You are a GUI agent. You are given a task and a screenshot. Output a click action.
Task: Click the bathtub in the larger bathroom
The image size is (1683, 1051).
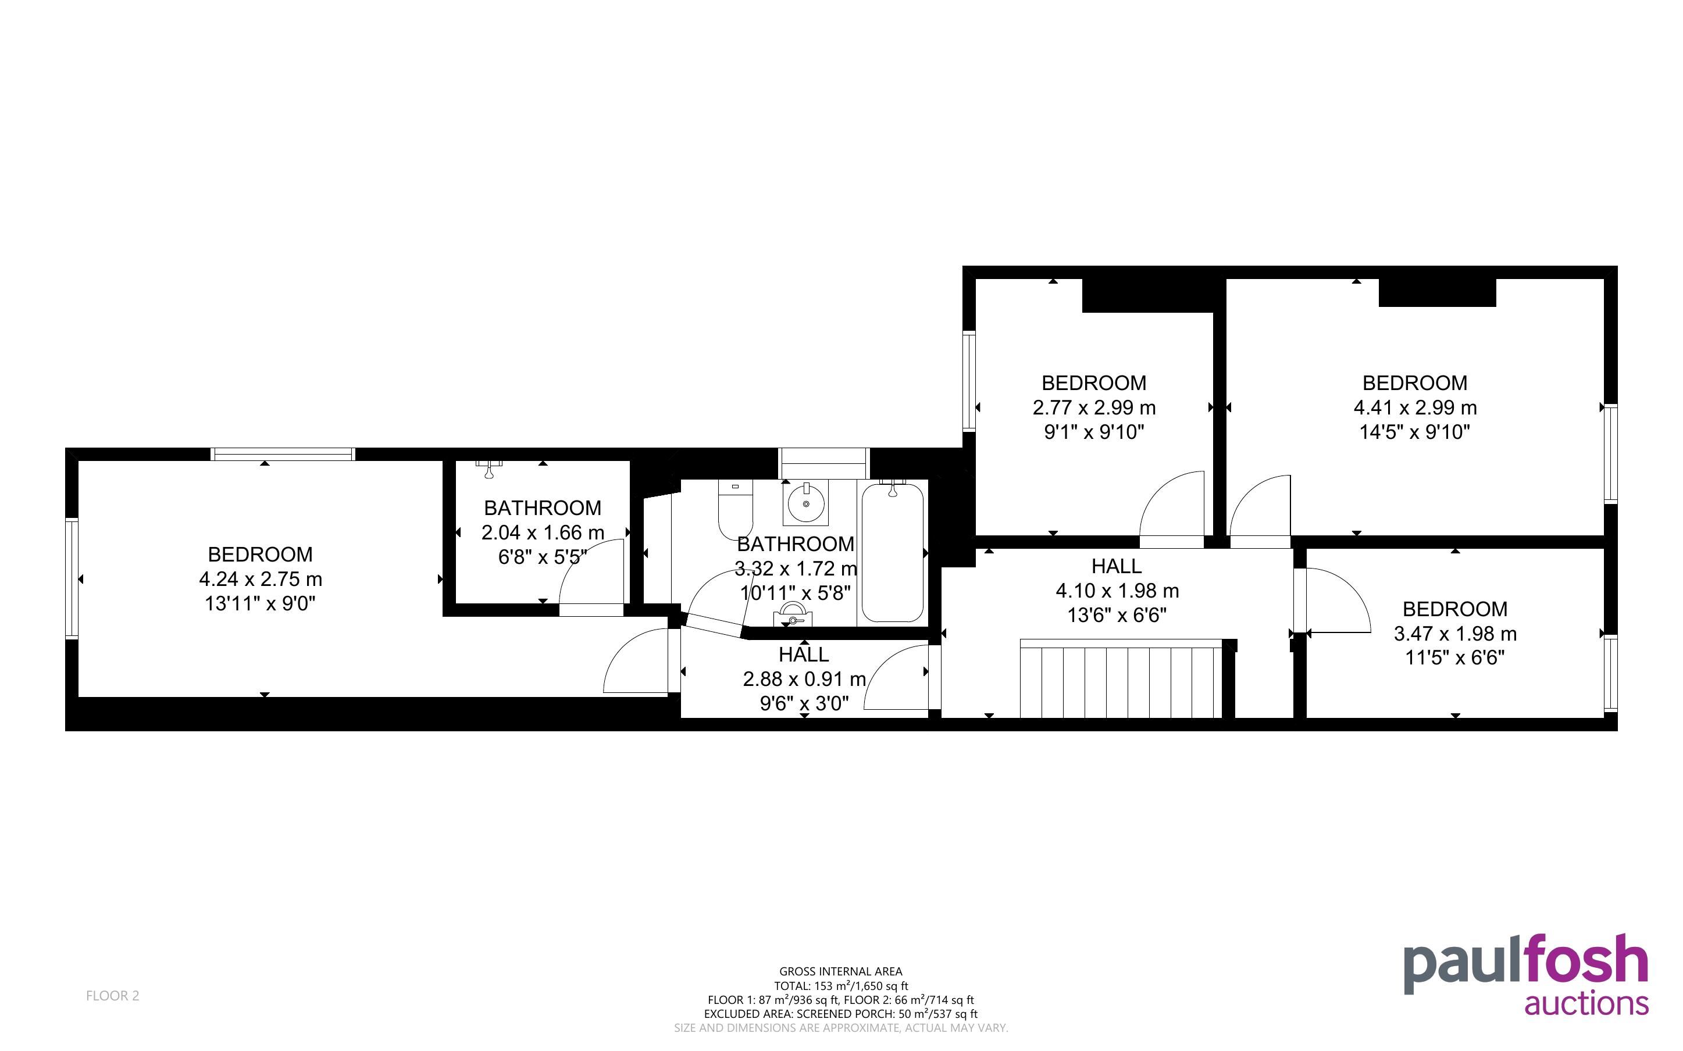(x=893, y=552)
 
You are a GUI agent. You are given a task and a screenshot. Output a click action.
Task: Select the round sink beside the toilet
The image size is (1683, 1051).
(x=807, y=503)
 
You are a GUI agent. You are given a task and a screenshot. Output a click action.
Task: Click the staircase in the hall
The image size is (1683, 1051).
(x=1121, y=678)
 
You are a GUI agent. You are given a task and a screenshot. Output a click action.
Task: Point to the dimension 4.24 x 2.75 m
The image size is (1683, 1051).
(x=261, y=579)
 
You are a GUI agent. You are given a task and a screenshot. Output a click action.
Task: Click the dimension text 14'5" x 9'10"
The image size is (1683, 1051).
(x=1415, y=432)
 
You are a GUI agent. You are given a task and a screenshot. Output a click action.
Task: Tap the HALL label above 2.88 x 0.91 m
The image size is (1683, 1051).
(x=804, y=654)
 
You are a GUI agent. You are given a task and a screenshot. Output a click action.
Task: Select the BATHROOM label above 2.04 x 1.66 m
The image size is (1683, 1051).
(x=542, y=507)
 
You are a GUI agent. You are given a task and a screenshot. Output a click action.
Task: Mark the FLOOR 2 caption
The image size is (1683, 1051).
(x=113, y=995)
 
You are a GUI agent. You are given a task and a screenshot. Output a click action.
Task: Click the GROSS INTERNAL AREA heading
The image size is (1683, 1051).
(x=840, y=972)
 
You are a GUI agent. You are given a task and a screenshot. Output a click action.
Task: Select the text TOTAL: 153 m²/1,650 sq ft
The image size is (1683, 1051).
(x=840, y=986)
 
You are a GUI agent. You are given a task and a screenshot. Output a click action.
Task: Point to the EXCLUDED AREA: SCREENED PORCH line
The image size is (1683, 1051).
(x=840, y=1013)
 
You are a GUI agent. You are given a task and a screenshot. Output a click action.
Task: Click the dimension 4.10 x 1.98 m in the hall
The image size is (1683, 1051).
(x=1117, y=591)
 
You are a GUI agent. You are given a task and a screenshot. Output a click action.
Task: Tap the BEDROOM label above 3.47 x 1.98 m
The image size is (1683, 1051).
(x=1455, y=609)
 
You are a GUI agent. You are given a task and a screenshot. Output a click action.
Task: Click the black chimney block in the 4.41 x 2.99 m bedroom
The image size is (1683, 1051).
(x=1437, y=292)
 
